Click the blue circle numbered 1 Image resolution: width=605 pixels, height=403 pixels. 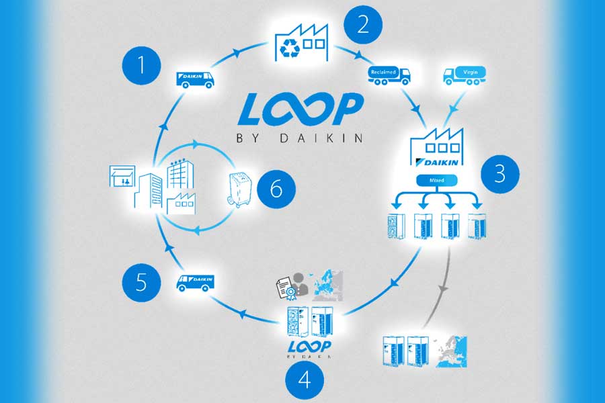pyautogui.click(x=141, y=66)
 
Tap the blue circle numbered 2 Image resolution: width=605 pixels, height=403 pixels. pyautogui.click(x=363, y=25)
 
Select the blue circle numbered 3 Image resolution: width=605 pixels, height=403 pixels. pyautogui.click(x=499, y=174)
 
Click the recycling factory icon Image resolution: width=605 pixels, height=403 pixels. pyautogui.click(x=301, y=42)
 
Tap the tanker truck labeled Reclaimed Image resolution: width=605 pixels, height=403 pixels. pyautogui.click(x=389, y=74)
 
